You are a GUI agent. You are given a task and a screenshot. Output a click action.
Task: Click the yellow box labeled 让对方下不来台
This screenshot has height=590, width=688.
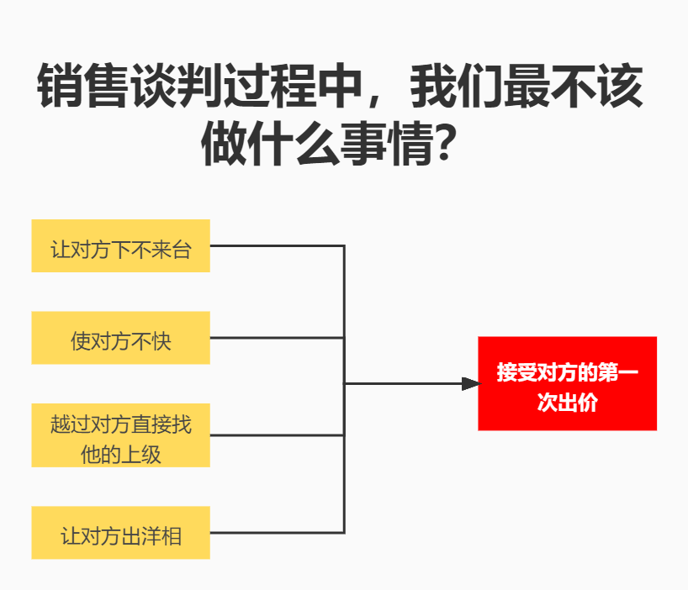click(x=120, y=246)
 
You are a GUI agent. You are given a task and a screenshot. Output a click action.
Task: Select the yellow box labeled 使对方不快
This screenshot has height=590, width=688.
click(x=120, y=338)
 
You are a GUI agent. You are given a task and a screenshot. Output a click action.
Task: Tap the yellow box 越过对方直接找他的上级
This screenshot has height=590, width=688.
click(x=120, y=435)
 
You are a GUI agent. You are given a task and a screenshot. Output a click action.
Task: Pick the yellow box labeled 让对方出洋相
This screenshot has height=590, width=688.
click(x=120, y=533)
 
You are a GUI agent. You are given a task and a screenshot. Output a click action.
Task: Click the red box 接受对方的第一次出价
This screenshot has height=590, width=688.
click(x=568, y=383)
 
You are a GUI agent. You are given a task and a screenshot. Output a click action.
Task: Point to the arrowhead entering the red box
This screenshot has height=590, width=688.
click(x=471, y=383)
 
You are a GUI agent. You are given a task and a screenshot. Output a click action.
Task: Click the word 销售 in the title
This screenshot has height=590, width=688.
click(x=83, y=86)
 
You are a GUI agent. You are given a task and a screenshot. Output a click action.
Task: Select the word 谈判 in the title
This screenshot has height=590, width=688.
click(x=177, y=86)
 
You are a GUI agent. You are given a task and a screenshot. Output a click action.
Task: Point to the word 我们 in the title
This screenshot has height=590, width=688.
click(x=457, y=86)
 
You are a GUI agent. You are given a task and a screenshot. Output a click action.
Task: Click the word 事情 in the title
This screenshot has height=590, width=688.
click(x=386, y=144)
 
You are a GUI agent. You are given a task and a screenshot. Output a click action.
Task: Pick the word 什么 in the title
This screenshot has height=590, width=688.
click(x=294, y=144)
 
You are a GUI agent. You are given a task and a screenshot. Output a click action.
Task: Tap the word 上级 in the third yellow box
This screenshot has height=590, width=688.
click(x=140, y=455)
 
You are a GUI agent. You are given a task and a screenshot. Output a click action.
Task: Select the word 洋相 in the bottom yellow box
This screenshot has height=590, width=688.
click(x=161, y=536)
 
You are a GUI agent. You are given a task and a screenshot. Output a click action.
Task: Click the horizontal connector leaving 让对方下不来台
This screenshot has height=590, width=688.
click(x=278, y=246)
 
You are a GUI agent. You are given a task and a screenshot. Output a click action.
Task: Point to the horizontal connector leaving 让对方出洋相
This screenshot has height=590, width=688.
click(x=278, y=533)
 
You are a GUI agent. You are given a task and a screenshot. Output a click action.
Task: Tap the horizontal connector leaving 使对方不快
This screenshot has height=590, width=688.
click(x=278, y=338)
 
